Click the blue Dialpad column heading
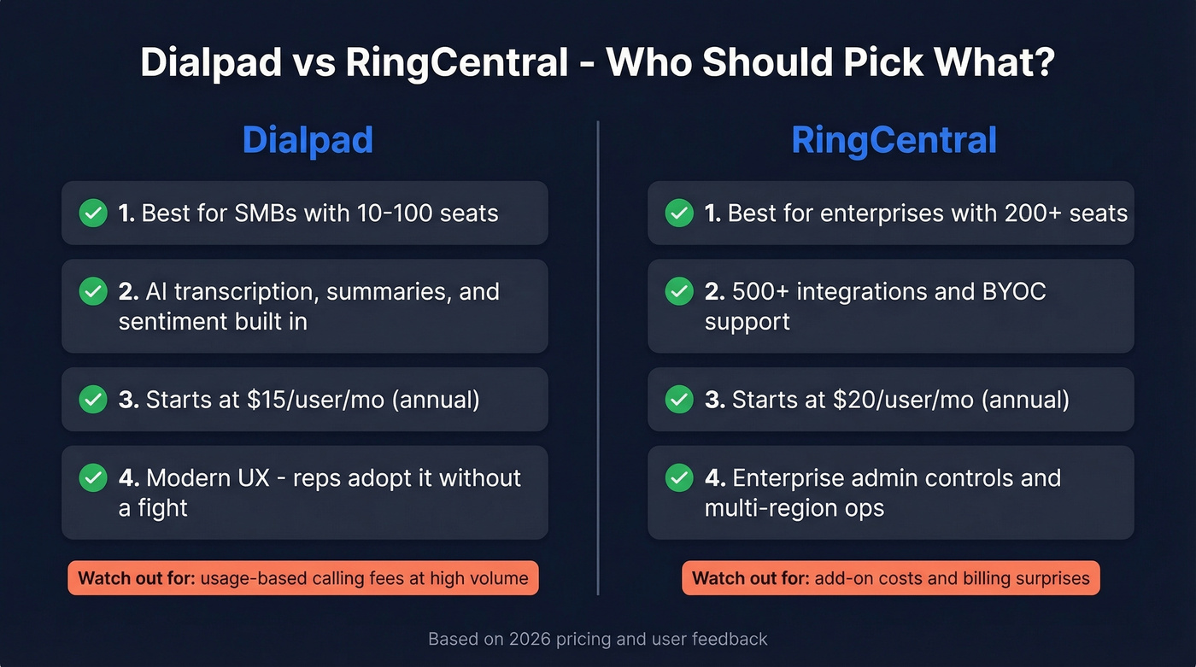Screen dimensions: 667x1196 pyautogui.click(x=308, y=140)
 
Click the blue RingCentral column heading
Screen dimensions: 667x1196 pyautogui.click(x=894, y=140)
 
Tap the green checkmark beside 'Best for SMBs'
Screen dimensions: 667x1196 pyautogui.click(x=93, y=213)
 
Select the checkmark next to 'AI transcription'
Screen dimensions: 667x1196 pyautogui.click(x=93, y=292)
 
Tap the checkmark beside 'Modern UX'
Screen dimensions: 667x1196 pyautogui.click(x=93, y=478)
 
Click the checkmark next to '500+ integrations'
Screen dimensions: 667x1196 pyautogui.click(x=679, y=292)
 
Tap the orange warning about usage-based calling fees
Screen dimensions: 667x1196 pyautogui.click(x=303, y=578)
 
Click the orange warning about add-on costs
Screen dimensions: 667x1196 pyautogui.click(x=891, y=578)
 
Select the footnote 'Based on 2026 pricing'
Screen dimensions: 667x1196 pyautogui.click(x=597, y=639)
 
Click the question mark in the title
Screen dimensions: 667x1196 pyautogui.click(x=1043, y=64)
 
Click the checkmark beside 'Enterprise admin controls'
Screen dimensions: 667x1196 pyautogui.click(x=679, y=478)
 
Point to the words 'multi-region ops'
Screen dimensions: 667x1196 pyautogui.click(x=794, y=508)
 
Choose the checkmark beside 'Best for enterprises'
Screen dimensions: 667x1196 pyautogui.click(x=679, y=213)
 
